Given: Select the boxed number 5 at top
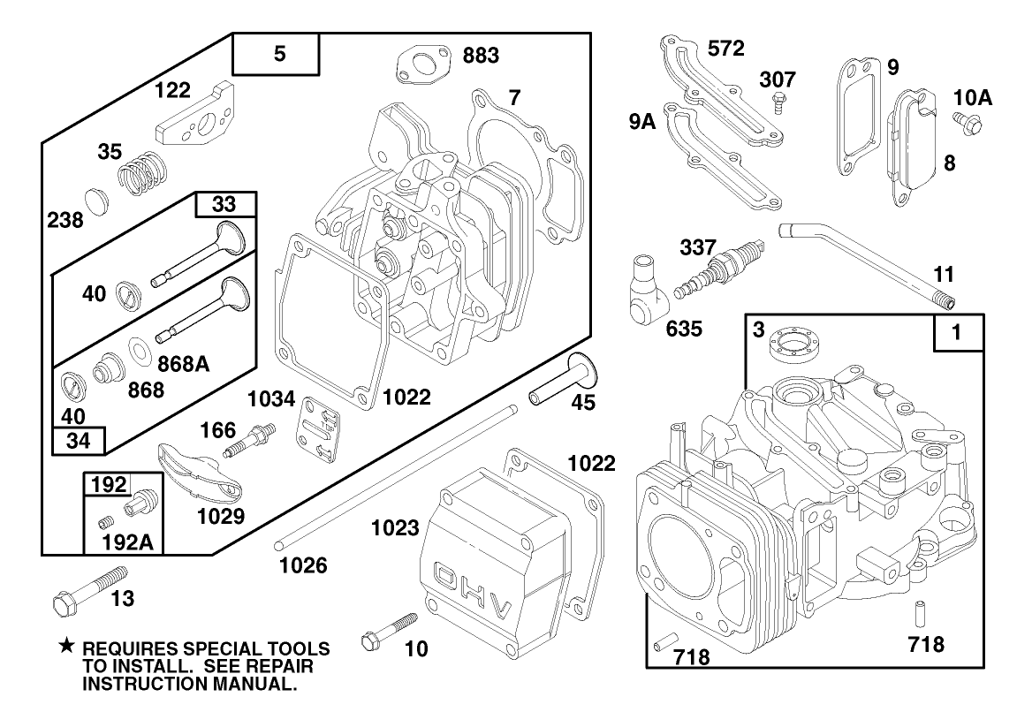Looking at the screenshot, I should click(279, 55).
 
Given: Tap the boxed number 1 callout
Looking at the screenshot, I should click(959, 333).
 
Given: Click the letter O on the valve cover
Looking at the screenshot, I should click(449, 574).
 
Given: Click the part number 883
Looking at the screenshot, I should click(481, 56).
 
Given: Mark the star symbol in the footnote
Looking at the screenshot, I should click(65, 648).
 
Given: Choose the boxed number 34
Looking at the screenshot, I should click(79, 438).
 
